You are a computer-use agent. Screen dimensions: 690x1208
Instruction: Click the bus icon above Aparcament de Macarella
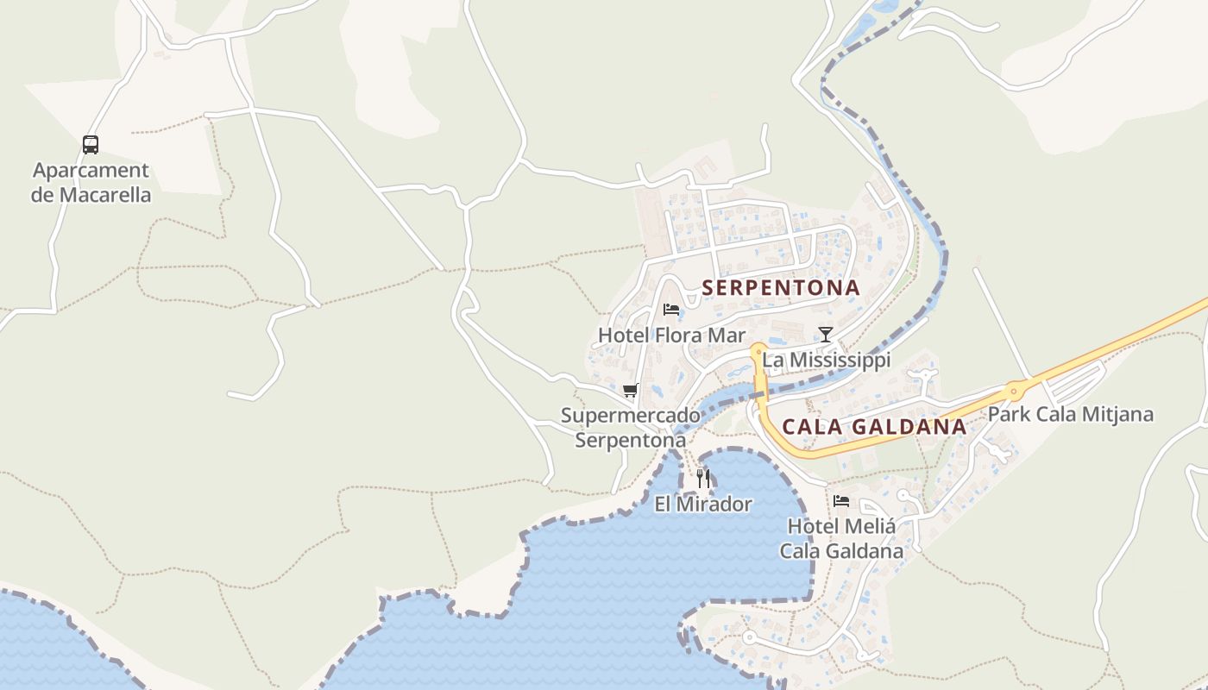pyautogui.click(x=91, y=144)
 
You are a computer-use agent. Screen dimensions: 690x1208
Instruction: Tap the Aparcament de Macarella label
pyautogui.click(x=91, y=182)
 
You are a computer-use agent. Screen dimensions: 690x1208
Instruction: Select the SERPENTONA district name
pyautogui.click(x=781, y=288)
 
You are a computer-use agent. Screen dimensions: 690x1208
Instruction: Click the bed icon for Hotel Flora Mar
pyautogui.click(x=671, y=310)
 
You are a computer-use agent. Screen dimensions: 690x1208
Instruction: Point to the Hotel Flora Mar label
pyautogui.click(x=671, y=335)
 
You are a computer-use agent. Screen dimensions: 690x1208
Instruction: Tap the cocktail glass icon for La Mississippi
pyautogui.click(x=826, y=335)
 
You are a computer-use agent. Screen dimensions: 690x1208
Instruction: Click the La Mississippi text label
pyautogui.click(x=826, y=360)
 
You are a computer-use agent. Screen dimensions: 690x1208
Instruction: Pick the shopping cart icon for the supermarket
pyautogui.click(x=631, y=391)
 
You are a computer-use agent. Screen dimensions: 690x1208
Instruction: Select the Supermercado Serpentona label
pyautogui.click(x=631, y=428)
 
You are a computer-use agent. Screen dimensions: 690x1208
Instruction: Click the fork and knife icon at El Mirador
pyautogui.click(x=703, y=479)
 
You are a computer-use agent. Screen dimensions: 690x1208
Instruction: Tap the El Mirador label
pyautogui.click(x=703, y=505)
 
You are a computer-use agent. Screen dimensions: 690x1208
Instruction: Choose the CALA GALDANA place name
pyautogui.click(x=874, y=427)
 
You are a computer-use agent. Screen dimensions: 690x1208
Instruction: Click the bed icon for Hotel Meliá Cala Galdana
pyautogui.click(x=841, y=500)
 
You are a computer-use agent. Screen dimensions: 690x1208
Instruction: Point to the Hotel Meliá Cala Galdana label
pyautogui.click(x=841, y=538)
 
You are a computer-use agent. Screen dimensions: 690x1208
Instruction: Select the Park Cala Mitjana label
pyautogui.click(x=1070, y=414)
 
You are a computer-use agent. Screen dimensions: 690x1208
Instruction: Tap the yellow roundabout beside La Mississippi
pyautogui.click(x=758, y=350)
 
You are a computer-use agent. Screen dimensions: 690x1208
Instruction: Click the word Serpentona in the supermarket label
pyautogui.click(x=631, y=440)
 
